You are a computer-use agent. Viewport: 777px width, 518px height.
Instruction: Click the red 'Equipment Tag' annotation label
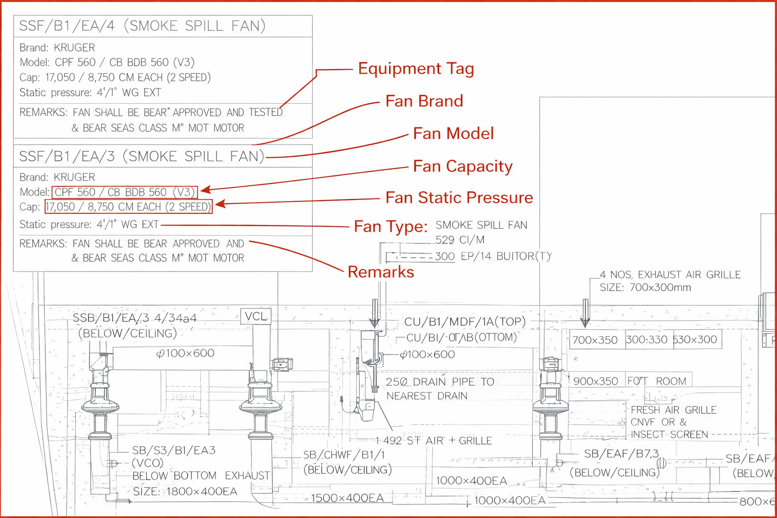416,68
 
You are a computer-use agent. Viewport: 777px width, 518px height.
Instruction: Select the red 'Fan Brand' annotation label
424,101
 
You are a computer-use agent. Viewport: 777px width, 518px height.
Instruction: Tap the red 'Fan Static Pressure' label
459,197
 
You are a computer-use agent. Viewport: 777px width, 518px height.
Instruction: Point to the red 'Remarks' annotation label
380,272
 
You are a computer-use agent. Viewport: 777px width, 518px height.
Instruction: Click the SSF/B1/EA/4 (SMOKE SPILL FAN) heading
142,26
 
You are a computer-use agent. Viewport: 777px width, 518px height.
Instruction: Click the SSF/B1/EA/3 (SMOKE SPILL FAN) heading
142,156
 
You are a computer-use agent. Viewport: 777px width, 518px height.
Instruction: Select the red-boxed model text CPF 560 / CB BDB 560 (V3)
124,192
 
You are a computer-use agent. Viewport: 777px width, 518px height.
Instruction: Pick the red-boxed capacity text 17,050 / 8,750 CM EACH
128,207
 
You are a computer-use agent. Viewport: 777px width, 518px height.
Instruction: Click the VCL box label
255,317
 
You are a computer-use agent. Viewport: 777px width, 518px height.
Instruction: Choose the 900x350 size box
595,381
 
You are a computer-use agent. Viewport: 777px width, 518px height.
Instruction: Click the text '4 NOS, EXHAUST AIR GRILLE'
670,275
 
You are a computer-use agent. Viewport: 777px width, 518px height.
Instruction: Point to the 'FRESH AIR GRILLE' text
673,410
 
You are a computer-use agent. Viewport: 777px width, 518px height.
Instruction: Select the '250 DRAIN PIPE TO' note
440,382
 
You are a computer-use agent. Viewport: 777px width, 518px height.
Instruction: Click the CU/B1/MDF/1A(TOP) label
465,322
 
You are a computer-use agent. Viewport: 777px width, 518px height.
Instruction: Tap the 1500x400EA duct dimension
347,498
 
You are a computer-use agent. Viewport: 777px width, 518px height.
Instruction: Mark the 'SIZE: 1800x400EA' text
185,491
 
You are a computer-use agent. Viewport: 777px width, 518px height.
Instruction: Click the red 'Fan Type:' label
391,226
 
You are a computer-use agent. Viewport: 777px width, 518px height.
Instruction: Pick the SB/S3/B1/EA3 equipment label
174,450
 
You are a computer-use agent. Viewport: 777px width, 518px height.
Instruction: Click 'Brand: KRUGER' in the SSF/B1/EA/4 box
57,48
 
